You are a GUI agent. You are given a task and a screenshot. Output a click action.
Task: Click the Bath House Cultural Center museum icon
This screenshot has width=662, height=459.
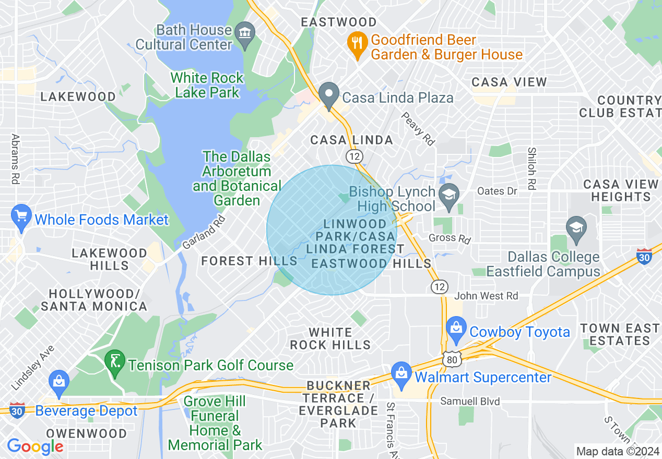pyautogui.click(x=244, y=32)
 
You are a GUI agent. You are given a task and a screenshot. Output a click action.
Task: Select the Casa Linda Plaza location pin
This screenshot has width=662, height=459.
pyautogui.click(x=329, y=96)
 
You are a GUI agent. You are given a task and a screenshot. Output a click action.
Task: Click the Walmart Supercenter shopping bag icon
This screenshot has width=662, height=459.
pyautogui.click(x=401, y=375)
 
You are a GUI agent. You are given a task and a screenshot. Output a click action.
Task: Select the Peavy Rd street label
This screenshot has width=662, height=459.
pyautogui.click(x=418, y=128)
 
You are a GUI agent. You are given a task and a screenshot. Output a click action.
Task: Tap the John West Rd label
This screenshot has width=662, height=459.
pyautogui.click(x=486, y=296)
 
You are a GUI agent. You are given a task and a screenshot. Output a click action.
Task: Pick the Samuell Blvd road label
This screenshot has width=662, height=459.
pyautogui.click(x=470, y=401)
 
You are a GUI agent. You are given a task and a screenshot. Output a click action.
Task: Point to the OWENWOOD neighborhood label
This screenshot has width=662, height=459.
pyautogui.click(x=86, y=433)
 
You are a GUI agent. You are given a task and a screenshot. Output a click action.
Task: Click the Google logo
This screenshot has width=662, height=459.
pyautogui.click(x=35, y=446)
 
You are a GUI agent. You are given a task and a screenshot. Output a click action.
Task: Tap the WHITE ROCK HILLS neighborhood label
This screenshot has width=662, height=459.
pyautogui.click(x=330, y=338)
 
